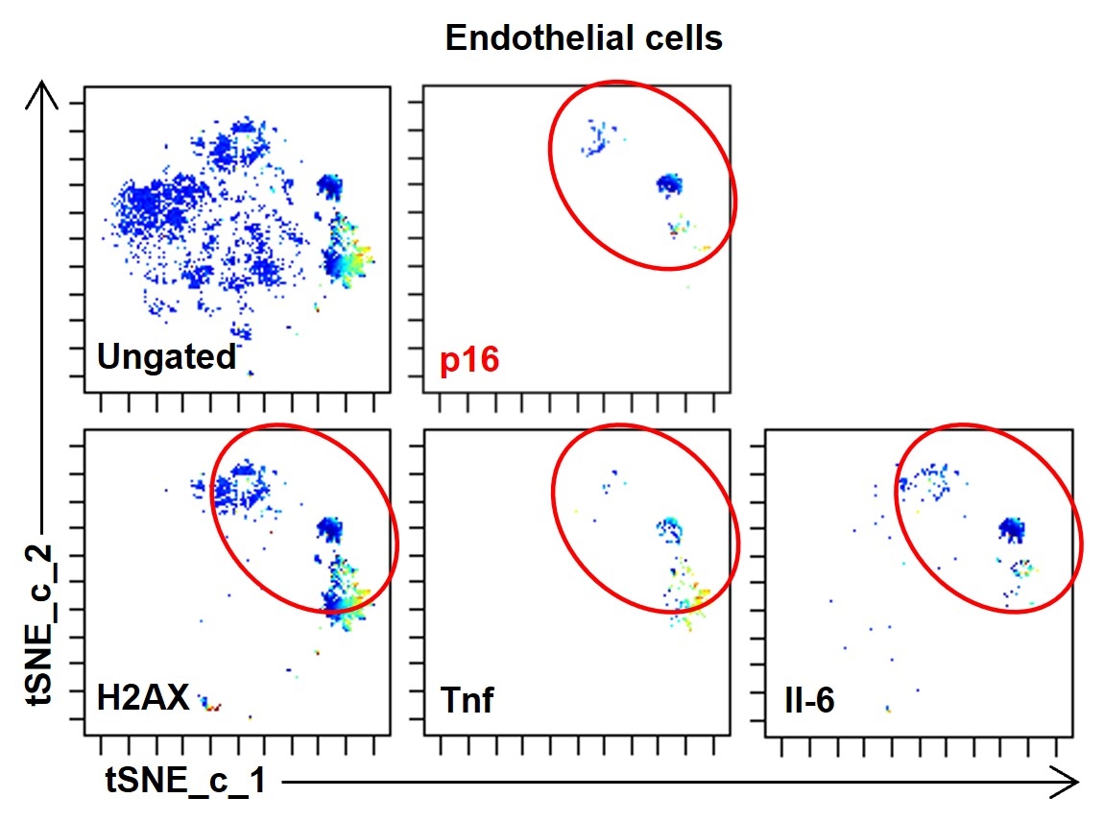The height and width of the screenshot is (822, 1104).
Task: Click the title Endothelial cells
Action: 583,39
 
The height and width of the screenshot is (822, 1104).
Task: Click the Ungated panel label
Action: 166,357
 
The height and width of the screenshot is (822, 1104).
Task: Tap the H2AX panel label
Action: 143,699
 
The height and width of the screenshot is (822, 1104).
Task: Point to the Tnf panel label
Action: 467,699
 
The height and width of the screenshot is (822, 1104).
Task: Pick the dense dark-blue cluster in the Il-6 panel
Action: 1010,527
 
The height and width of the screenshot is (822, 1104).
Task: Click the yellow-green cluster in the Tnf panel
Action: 689,600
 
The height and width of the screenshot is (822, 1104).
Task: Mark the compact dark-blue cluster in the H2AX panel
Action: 332,526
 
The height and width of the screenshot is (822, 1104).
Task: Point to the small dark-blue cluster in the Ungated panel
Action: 330,184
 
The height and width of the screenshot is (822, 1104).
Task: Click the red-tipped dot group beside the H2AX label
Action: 210,705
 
